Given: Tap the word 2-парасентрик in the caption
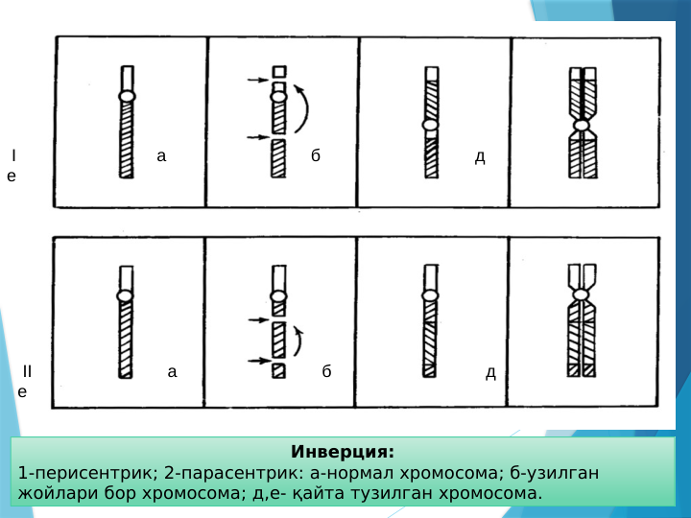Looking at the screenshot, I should pyautogui.click(x=222, y=474).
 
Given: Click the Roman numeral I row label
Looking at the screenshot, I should pyautogui.click(x=13, y=155).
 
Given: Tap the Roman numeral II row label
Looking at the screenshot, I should pyautogui.click(x=27, y=371).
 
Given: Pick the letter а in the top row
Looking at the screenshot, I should pyautogui.click(x=161, y=155).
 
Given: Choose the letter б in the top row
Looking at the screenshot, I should pyautogui.click(x=316, y=155).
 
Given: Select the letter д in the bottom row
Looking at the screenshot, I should pyautogui.click(x=490, y=371).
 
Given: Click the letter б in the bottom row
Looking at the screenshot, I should pyautogui.click(x=326, y=371).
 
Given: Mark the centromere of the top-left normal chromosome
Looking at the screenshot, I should pyautogui.click(x=127, y=96).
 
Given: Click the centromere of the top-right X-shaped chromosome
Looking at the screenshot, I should pyautogui.click(x=582, y=126).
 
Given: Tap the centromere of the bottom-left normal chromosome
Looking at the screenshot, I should pyautogui.click(x=125, y=295).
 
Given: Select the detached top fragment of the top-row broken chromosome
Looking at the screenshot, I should pyautogui.click(x=279, y=72).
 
